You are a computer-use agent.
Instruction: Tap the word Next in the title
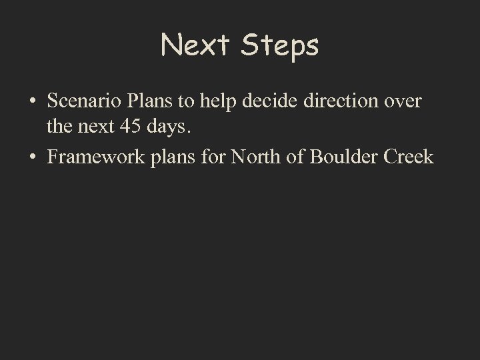point(195,46)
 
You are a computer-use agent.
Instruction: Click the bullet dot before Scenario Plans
point(33,102)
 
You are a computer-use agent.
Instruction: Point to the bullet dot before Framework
point(33,158)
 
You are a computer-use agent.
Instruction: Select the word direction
point(327,101)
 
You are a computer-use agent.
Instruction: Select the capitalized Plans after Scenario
point(140,101)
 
